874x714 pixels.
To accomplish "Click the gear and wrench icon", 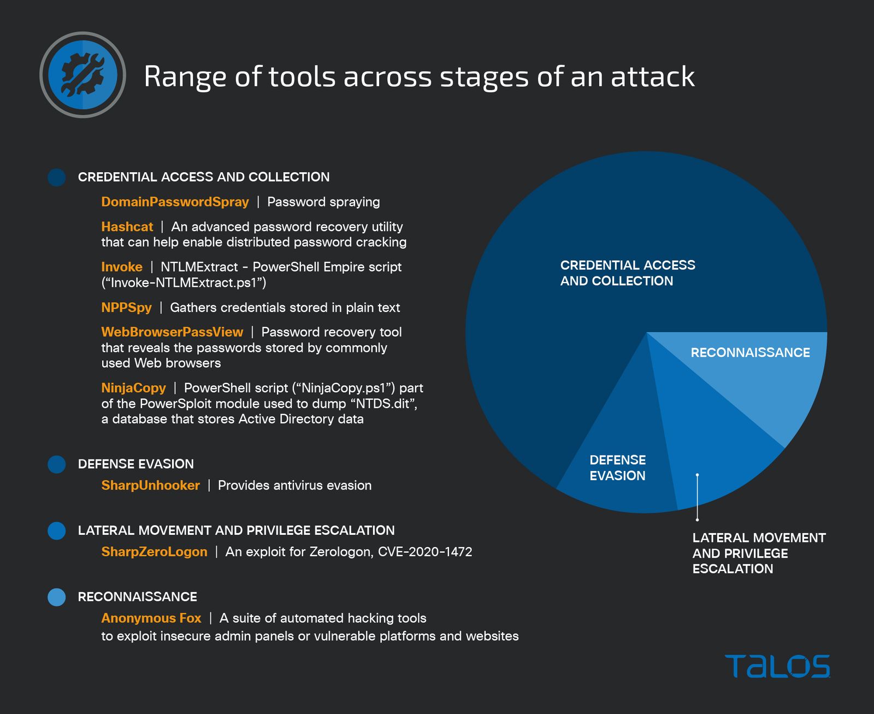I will click(82, 75).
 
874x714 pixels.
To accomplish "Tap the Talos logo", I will click(777, 666).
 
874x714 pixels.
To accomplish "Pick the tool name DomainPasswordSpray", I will click(175, 202).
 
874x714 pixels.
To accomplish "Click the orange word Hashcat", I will click(127, 227).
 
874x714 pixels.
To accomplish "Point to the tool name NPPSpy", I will click(126, 308).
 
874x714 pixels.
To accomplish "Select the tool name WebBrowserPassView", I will click(172, 332).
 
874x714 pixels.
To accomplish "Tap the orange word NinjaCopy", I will click(133, 388).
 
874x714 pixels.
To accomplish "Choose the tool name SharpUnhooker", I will click(150, 485).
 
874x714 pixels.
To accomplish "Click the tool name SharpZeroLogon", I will click(154, 552).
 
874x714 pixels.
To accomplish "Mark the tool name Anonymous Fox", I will click(151, 618).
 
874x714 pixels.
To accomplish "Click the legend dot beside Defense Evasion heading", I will click(57, 464).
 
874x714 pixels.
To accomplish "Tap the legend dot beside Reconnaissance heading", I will click(57, 597).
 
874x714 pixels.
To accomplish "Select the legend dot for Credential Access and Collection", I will click(57, 178).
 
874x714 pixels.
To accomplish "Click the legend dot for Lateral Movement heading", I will click(57, 530).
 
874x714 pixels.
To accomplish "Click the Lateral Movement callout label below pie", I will click(759, 553).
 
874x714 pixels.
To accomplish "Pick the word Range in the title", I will click(185, 76).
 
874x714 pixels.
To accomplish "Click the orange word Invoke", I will click(122, 267).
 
